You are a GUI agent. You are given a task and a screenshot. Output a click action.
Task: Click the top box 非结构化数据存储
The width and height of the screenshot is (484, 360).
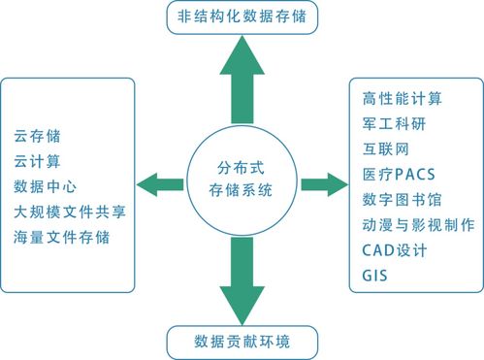tap(242, 18)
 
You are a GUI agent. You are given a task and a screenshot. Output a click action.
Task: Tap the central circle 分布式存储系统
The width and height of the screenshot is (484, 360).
tap(242, 180)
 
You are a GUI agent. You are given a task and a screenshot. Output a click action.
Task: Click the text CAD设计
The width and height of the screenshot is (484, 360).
tap(394, 250)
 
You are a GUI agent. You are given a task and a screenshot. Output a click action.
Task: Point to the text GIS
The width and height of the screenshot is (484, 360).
tap(374, 276)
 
